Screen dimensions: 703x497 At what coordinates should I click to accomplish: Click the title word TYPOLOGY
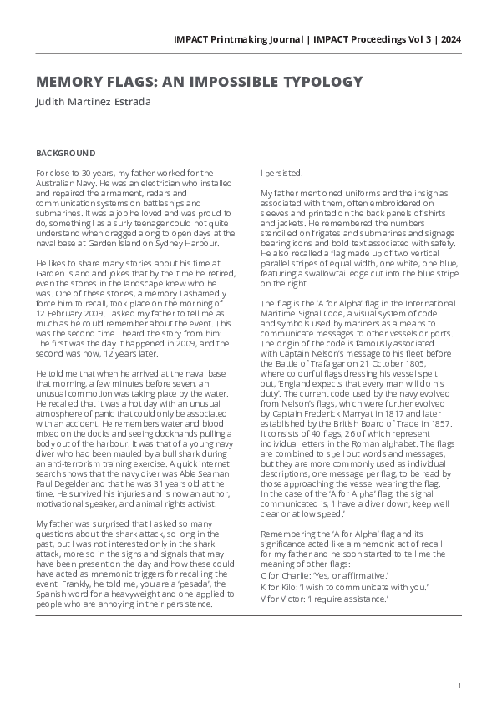click(318, 82)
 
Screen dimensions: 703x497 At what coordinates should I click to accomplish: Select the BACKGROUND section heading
click(66, 154)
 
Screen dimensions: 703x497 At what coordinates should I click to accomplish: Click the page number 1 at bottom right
click(459, 685)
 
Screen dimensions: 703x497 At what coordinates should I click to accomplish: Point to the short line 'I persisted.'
click(280, 174)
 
